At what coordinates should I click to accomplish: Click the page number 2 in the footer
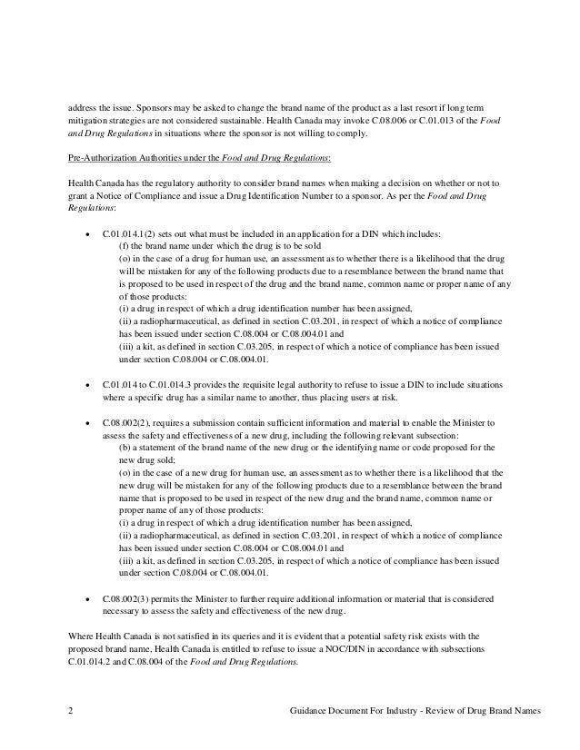[71, 709]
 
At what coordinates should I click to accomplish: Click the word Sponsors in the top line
[137, 106]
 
